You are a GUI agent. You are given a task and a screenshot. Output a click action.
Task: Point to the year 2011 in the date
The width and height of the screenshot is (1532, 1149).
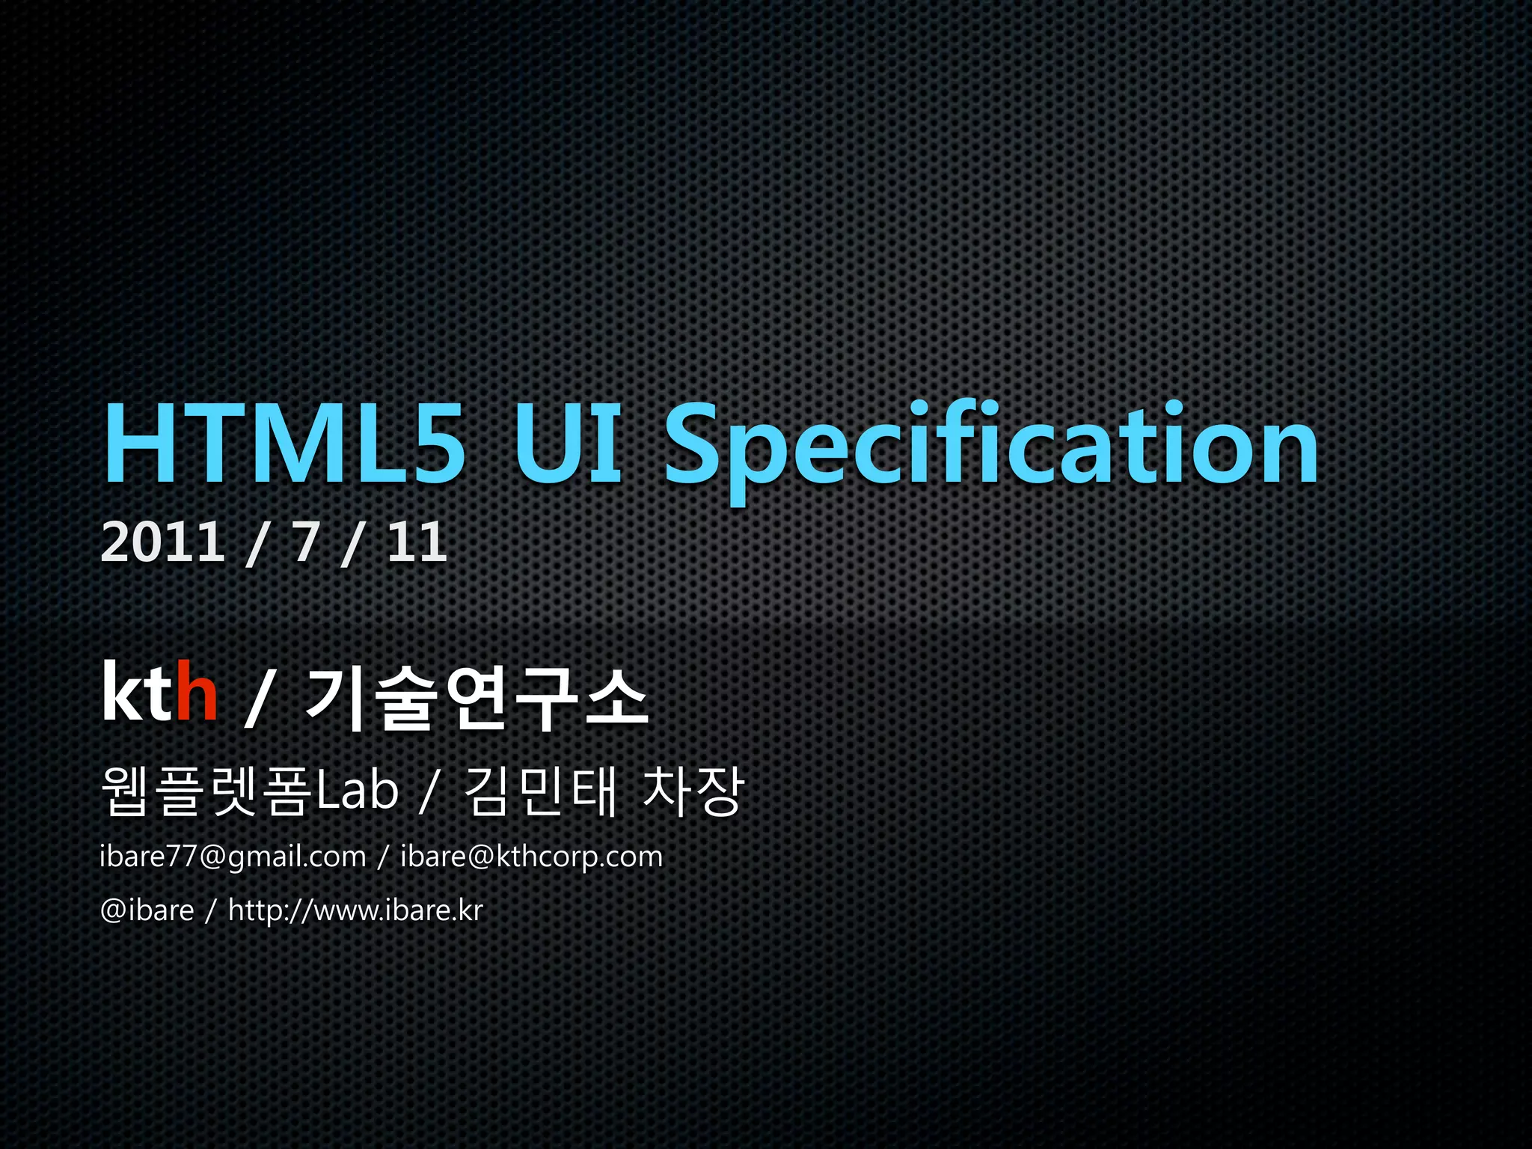point(162,542)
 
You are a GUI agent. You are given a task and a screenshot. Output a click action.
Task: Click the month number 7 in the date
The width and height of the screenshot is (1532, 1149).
point(305,542)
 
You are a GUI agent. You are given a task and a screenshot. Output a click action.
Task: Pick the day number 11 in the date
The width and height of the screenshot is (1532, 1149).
point(417,542)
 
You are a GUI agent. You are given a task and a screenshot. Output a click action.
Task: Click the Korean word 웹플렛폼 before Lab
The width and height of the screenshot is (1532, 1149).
point(205,791)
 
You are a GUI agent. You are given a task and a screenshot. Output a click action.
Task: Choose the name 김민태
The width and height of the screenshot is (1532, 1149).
point(542,791)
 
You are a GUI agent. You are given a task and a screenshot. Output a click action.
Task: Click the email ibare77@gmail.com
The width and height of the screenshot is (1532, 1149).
point(233,857)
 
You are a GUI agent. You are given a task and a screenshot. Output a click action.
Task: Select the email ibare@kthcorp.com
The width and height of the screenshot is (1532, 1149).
point(532,857)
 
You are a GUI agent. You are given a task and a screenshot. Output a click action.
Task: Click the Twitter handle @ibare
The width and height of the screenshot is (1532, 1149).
point(147,910)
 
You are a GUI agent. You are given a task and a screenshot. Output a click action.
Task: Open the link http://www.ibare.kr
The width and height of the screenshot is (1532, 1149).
point(355,910)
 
